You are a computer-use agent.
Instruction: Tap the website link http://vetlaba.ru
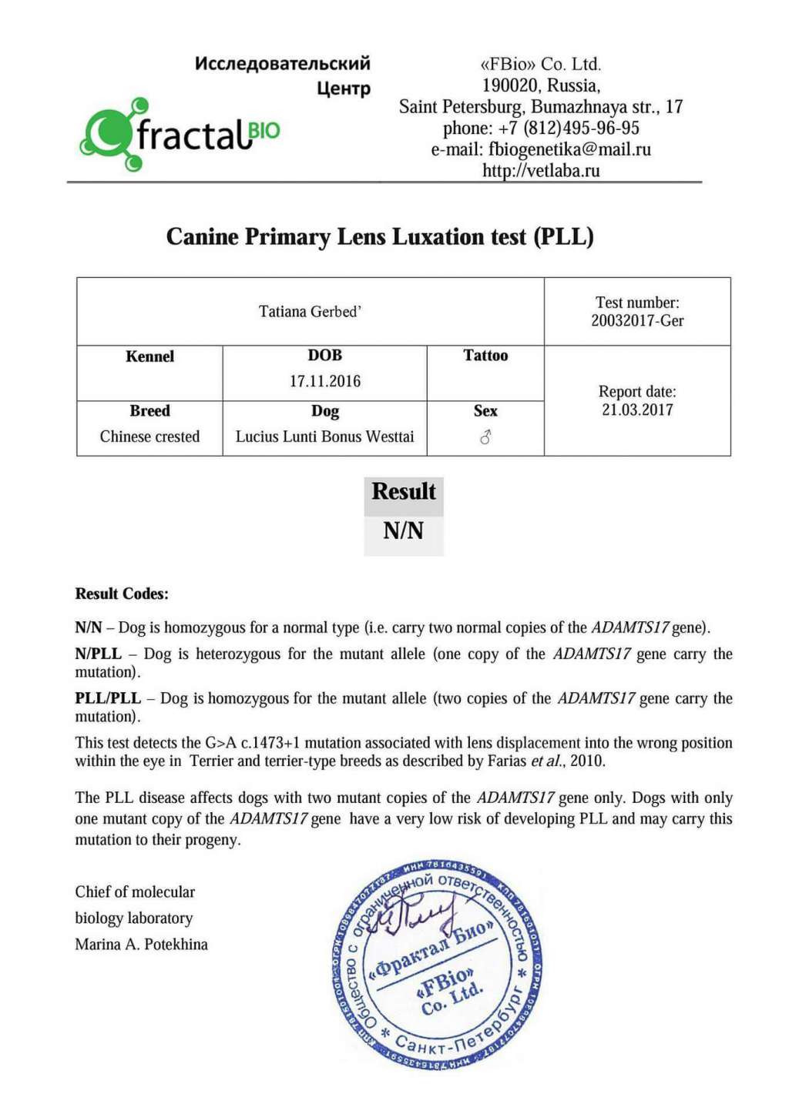541,170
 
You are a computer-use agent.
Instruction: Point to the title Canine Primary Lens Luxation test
380,236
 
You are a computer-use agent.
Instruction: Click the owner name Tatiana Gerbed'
310,312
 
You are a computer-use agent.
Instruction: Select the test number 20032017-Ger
637,321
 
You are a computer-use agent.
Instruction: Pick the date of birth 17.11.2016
324,381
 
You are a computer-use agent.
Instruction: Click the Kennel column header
149,356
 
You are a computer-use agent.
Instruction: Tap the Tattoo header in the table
485,356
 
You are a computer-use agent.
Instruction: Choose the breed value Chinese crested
149,437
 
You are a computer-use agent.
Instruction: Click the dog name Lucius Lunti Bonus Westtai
324,437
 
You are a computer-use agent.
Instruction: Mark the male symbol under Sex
485,437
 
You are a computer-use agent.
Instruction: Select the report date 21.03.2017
637,410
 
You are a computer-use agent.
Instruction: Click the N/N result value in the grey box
403,530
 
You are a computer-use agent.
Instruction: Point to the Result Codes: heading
122,594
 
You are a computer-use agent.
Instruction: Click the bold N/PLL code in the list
98,654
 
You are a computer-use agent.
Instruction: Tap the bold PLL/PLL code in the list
108,698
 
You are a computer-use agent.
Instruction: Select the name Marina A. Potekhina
141,945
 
